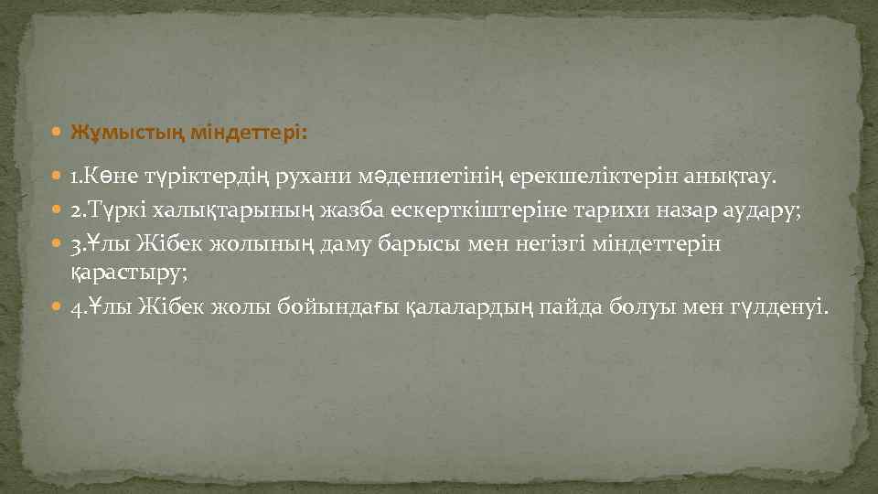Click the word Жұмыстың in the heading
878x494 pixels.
tap(128, 133)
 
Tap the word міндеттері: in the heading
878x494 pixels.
tap(250, 133)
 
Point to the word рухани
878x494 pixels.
tap(302, 175)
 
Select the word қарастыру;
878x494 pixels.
tap(128, 272)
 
